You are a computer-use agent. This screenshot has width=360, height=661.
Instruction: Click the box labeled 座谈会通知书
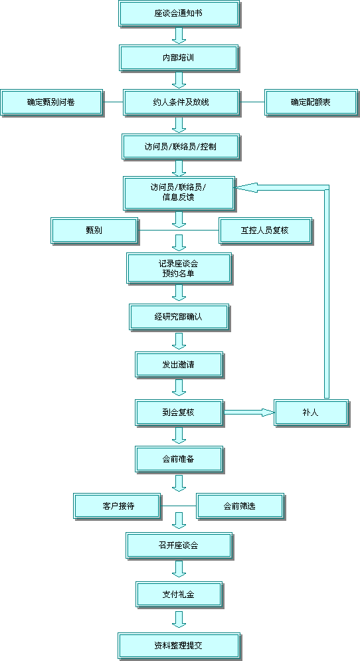[179, 13]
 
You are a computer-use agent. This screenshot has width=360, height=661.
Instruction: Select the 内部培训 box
[179, 58]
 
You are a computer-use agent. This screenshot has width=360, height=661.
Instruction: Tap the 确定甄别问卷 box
[51, 102]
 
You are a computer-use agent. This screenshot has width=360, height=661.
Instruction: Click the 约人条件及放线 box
[181, 102]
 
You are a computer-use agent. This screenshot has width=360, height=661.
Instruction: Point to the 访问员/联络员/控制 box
[181, 147]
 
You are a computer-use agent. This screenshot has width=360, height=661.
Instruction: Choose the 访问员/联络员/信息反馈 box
[179, 193]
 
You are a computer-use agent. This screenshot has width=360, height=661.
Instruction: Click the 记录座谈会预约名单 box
[179, 268]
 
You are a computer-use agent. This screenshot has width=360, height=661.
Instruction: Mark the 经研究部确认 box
[179, 317]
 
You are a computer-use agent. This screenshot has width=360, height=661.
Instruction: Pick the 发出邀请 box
[179, 365]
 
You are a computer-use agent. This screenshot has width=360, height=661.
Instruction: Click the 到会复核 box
[179, 413]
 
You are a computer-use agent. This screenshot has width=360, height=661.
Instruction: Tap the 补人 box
[311, 413]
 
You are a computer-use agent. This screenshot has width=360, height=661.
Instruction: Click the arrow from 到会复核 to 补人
[248, 413]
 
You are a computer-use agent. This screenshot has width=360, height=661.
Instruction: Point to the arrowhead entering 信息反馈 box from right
[246, 187]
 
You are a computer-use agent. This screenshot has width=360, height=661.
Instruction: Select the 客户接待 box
[117, 506]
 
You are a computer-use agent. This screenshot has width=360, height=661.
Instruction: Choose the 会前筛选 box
[240, 506]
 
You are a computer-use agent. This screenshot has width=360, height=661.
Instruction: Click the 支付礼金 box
[179, 595]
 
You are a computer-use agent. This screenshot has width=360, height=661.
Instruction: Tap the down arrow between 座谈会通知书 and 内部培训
[179, 36]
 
